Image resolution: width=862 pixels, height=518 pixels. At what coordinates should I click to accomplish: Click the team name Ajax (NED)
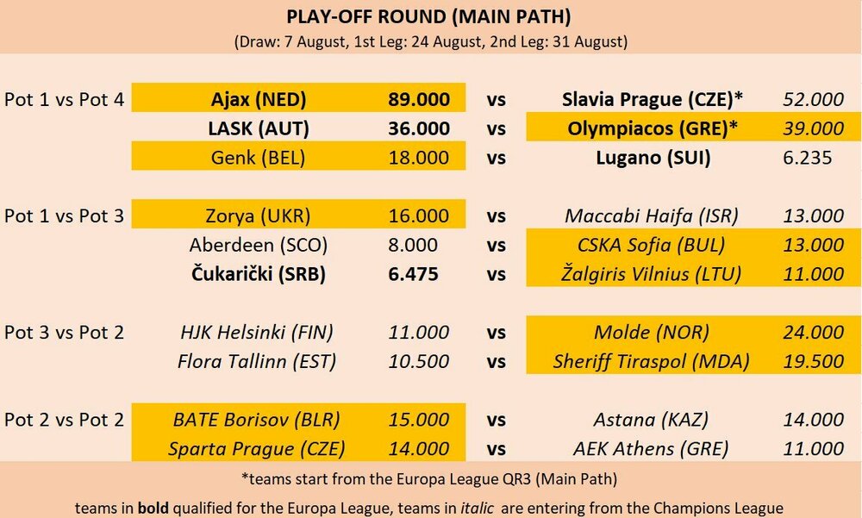point(259,99)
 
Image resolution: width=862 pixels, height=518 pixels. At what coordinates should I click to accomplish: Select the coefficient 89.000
point(419,99)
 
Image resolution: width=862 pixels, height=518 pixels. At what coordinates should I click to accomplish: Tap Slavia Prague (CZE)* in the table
point(652,99)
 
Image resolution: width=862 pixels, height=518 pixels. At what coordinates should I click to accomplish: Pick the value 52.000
point(813,99)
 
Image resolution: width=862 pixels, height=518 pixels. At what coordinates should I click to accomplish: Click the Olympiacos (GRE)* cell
point(652,128)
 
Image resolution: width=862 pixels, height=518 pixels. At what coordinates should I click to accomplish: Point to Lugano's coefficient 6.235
point(807,158)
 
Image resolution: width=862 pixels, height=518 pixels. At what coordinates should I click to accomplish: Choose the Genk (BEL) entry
point(258,158)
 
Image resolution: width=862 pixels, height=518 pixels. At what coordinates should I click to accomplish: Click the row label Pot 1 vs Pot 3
point(65,215)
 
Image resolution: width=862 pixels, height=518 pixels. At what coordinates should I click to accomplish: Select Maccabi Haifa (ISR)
point(652,216)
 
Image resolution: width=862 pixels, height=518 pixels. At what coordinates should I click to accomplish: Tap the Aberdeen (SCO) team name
point(258,246)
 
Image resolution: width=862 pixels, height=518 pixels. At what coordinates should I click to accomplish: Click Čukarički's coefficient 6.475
point(413,274)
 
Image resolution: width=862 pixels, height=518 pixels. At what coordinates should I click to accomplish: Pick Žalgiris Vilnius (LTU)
point(652,274)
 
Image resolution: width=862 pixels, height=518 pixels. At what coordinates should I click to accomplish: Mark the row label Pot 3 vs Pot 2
point(65,332)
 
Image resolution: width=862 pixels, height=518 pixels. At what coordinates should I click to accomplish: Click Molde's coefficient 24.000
point(813,333)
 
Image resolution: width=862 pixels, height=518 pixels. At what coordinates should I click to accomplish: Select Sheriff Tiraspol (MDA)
point(652,362)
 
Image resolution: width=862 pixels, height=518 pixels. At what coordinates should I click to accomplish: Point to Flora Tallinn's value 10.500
point(419,362)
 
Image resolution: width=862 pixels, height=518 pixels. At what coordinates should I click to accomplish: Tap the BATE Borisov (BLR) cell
point(257,420)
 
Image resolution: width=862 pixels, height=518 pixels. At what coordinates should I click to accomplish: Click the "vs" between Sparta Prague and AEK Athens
point(496,449)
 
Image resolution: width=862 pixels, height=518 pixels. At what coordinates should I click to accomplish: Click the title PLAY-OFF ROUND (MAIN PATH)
point(428,17)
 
